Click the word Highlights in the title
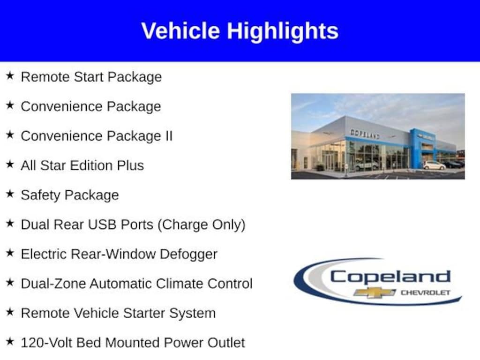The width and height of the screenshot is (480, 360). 283,31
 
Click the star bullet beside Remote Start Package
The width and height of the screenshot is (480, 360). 10,76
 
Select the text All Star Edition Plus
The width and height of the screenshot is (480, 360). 82,165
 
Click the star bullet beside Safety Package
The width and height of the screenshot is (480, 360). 10,194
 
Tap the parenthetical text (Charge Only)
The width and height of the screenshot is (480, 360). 202,225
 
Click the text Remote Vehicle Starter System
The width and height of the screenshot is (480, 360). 118,313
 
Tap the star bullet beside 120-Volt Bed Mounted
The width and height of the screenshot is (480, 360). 10,342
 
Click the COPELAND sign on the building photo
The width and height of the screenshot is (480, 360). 365,134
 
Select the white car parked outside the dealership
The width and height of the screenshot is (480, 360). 434,165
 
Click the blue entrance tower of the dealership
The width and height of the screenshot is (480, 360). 416,148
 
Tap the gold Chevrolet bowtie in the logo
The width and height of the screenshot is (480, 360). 375,292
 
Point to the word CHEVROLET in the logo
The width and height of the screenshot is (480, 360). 425,292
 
